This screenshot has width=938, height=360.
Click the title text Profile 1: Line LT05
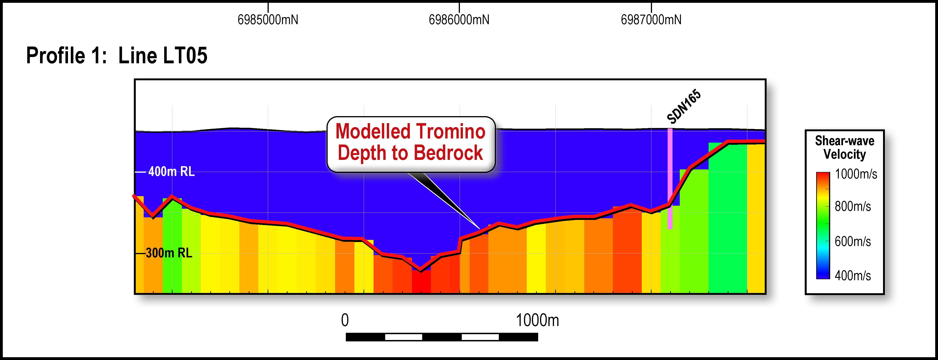(x=116, y=56)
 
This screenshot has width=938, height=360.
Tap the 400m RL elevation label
(x=171, y=172)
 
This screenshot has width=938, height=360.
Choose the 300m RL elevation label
(x=169, y=253)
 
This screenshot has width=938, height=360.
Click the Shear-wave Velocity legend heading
(x=844, y=148)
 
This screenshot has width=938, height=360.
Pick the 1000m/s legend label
(x=856, y=174)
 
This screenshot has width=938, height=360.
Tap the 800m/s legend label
(x=853, y=207)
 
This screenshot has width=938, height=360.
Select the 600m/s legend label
(x=853, y=241)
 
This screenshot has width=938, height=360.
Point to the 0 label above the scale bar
(x=345, y=321)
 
